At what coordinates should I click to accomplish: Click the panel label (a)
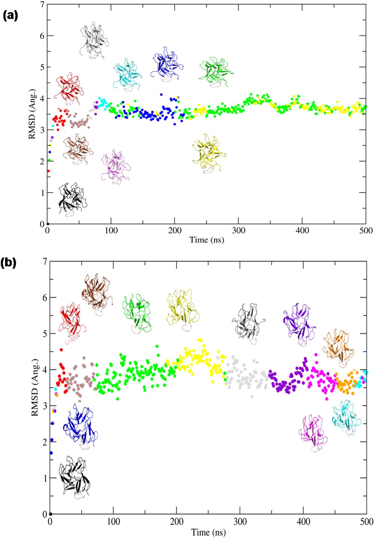tap(10, 16)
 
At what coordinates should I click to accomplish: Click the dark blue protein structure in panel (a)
tap(166, 63)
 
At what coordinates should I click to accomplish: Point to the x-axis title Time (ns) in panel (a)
tap(207, 240)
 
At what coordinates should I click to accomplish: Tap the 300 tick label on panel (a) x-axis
tap(238, 231)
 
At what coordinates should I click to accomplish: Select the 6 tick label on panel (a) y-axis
tap(42, 36)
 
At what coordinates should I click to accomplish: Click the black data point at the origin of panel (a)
tap(47, 224)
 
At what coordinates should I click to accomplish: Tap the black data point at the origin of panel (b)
tap(51, 514)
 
